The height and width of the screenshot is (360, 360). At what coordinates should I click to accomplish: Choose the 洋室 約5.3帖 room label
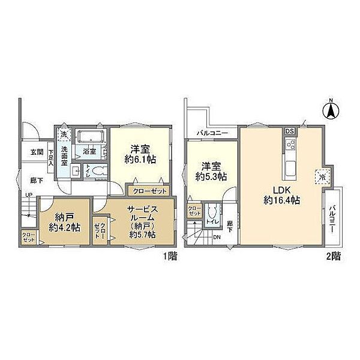tap(211, 172)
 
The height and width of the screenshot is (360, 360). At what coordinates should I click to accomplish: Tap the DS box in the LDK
tap(289, 131)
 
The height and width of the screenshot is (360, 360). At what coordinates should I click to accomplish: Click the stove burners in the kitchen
tap(290, 146)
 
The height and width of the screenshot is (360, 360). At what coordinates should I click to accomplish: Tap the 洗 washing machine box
tap(64, 135)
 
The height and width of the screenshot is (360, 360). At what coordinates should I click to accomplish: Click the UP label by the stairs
tap(28, 194)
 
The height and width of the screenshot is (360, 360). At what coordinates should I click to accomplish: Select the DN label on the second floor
tap(217, 237)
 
